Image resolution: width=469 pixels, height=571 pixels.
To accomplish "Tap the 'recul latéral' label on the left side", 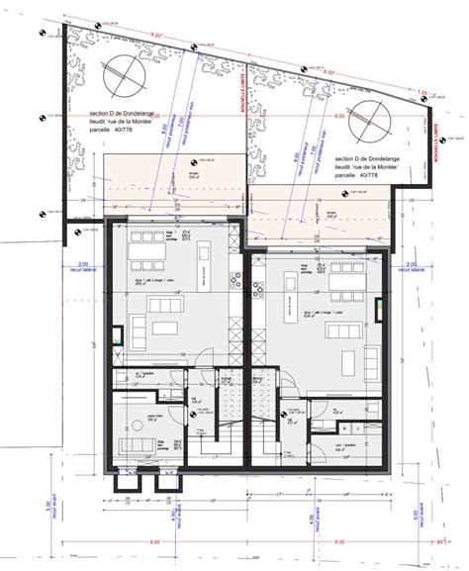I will (x=82, y=268).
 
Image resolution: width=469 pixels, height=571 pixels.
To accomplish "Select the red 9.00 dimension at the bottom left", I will (x=153, y=542).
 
